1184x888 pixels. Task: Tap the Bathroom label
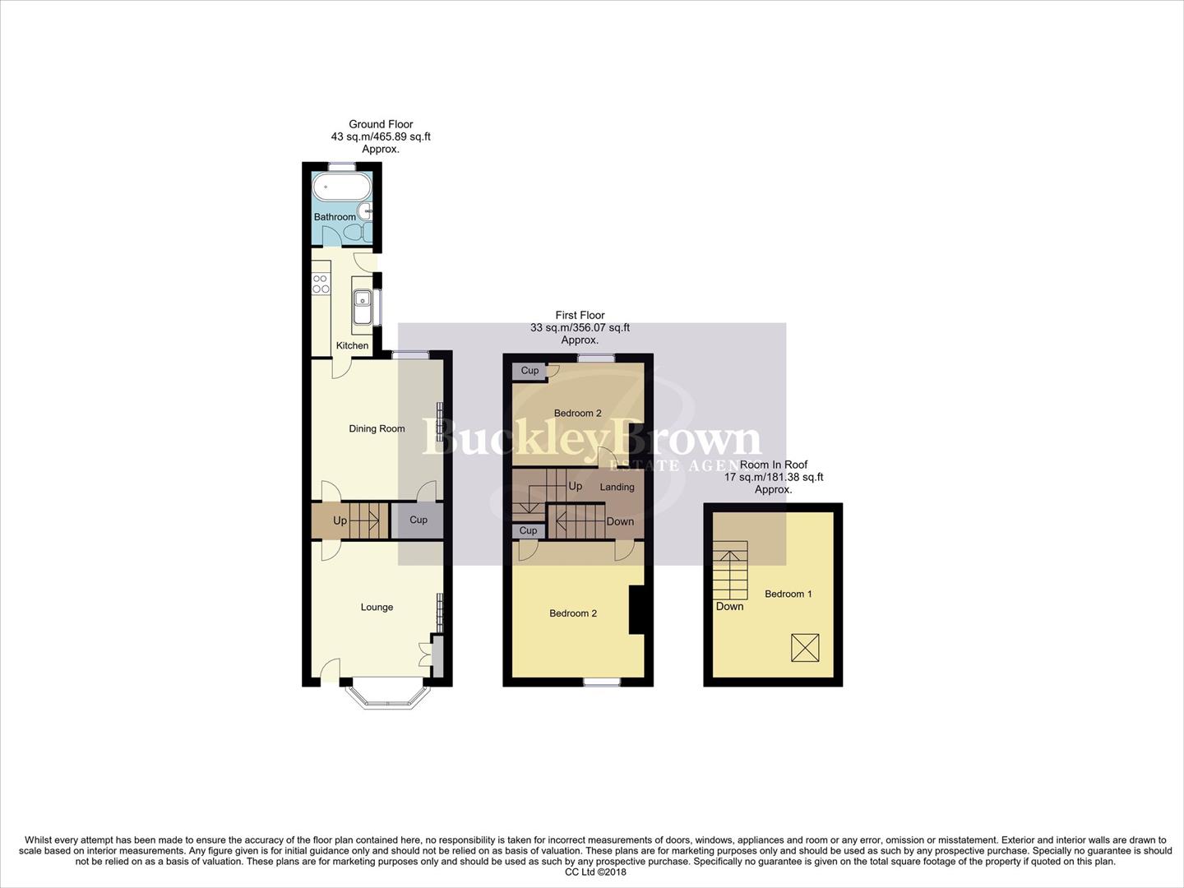coord(335,217)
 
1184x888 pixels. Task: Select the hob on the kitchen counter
coord(321,284)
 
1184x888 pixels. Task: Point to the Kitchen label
coord(352,345)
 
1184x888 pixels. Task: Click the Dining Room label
coord(377,428)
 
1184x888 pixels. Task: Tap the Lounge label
coord(377,607)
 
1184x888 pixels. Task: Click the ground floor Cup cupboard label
coord(419,520)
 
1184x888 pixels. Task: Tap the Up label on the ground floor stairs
coord(340,520)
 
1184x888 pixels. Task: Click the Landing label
coord(617,487)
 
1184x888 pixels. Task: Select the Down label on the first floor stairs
coord(620,521)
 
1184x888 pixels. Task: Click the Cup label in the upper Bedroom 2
coord(530,371)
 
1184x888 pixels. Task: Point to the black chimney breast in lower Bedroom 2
coord(636,609)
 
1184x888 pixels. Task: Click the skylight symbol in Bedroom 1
coord(806,648)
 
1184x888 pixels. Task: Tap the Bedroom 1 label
coord(788,594)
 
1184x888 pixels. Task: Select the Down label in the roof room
coord(729,606)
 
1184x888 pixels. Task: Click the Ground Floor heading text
coord(381,124)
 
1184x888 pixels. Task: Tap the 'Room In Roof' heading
coord(773,465)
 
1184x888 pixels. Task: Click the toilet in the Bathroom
coord(354,234)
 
